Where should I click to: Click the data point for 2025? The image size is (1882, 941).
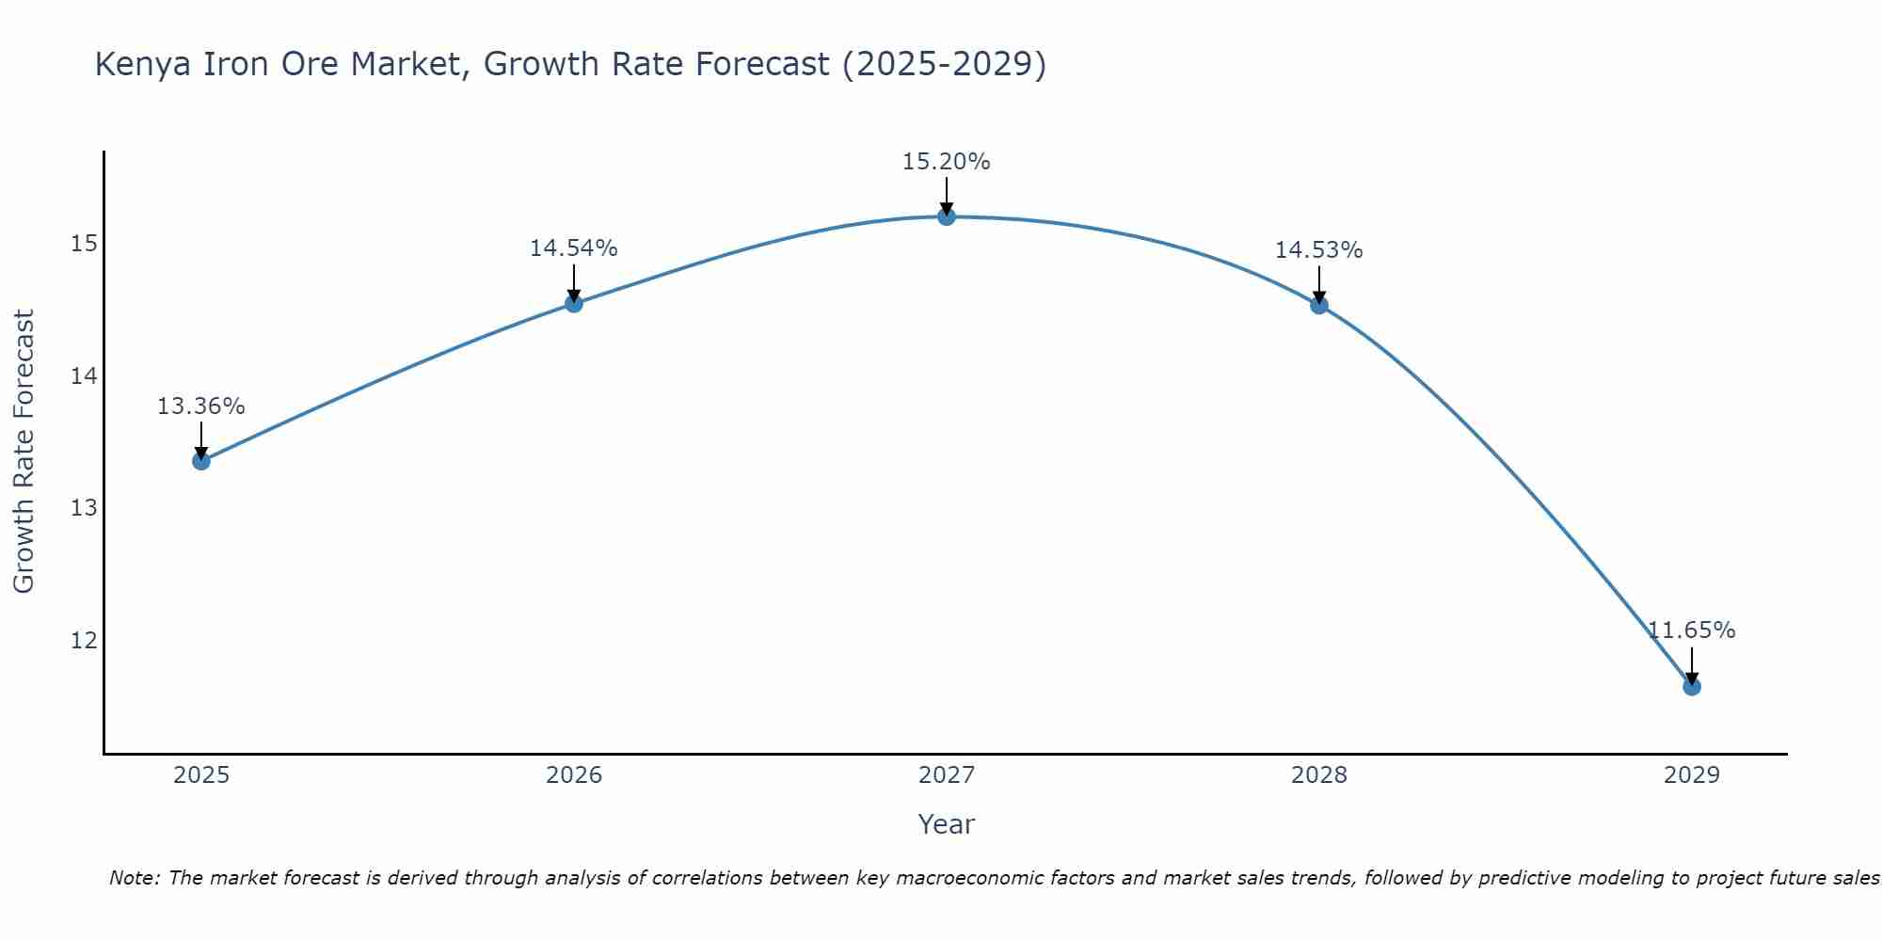(200, 460)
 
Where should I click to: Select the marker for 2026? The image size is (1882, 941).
(573, 303)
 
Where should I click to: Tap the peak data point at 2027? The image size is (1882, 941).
(946, 216)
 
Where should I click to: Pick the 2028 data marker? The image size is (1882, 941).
(1318, 305)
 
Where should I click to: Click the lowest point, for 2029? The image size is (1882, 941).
(1691, 686)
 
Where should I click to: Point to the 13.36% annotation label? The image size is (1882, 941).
(200, 407)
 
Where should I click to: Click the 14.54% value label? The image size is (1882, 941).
(573, 248)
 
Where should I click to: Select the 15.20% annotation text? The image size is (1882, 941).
(946, 162)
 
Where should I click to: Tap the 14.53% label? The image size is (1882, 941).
(1318, 250)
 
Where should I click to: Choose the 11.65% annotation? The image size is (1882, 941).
(1691, 630)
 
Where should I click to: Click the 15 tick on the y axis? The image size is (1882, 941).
(84, 245)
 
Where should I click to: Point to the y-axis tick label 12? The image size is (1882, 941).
(84, 641)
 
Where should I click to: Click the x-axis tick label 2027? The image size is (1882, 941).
(946, 775)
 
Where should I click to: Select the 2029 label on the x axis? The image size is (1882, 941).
(1691, 775)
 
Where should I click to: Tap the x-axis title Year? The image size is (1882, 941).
(946, 824)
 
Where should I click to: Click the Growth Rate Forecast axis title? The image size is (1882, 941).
(24, 452)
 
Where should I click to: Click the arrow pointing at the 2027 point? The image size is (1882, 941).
(946, 196)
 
